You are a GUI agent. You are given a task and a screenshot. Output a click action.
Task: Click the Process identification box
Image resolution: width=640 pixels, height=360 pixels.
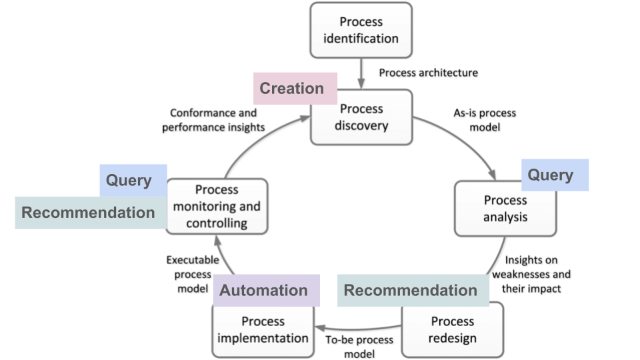point(361,30)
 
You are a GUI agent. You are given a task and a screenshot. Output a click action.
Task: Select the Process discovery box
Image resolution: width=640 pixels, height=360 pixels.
point(361,117)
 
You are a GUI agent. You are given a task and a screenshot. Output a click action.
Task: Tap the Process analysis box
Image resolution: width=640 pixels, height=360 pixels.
point(505,209)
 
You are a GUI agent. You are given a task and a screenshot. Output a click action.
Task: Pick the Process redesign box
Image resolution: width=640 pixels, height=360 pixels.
point(452,330)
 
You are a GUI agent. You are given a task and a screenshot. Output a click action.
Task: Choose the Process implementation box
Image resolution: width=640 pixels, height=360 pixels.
point(263,331)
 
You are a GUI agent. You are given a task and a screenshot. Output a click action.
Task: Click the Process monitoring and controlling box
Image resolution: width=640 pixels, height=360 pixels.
point(217,206)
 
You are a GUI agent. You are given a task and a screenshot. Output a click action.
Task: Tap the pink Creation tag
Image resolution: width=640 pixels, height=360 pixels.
point(295,89)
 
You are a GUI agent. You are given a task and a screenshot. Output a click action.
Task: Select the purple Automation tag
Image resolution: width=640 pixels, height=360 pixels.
point(267,290)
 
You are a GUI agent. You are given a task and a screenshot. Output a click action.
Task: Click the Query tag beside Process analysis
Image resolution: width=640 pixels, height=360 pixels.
point(555,175)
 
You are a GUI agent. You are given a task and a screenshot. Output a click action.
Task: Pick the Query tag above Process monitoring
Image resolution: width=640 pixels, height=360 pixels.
point(133,181)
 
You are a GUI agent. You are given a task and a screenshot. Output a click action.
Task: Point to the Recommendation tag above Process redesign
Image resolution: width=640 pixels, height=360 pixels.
point(413,290)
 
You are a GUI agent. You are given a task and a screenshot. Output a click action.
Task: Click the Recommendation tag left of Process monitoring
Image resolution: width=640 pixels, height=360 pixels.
point(91,213)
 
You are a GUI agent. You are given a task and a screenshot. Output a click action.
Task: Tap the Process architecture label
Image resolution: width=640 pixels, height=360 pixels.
point(428,73)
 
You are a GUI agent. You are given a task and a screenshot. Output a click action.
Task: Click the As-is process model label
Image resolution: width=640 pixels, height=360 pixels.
point(485,120)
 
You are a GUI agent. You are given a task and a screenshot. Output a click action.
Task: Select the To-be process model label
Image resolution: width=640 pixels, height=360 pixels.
point(359,347)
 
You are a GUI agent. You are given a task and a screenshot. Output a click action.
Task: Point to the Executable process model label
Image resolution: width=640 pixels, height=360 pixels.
point(193,274)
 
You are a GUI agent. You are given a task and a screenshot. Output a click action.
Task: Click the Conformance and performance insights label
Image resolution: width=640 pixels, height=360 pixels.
point(213,120)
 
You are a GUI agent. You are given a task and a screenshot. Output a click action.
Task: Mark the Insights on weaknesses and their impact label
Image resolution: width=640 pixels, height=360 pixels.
point(531,274)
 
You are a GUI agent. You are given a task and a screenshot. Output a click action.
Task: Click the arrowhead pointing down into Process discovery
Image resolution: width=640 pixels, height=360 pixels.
point(361,84)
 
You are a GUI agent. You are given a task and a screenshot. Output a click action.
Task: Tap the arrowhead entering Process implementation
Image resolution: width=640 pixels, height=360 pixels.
point(320,328)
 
